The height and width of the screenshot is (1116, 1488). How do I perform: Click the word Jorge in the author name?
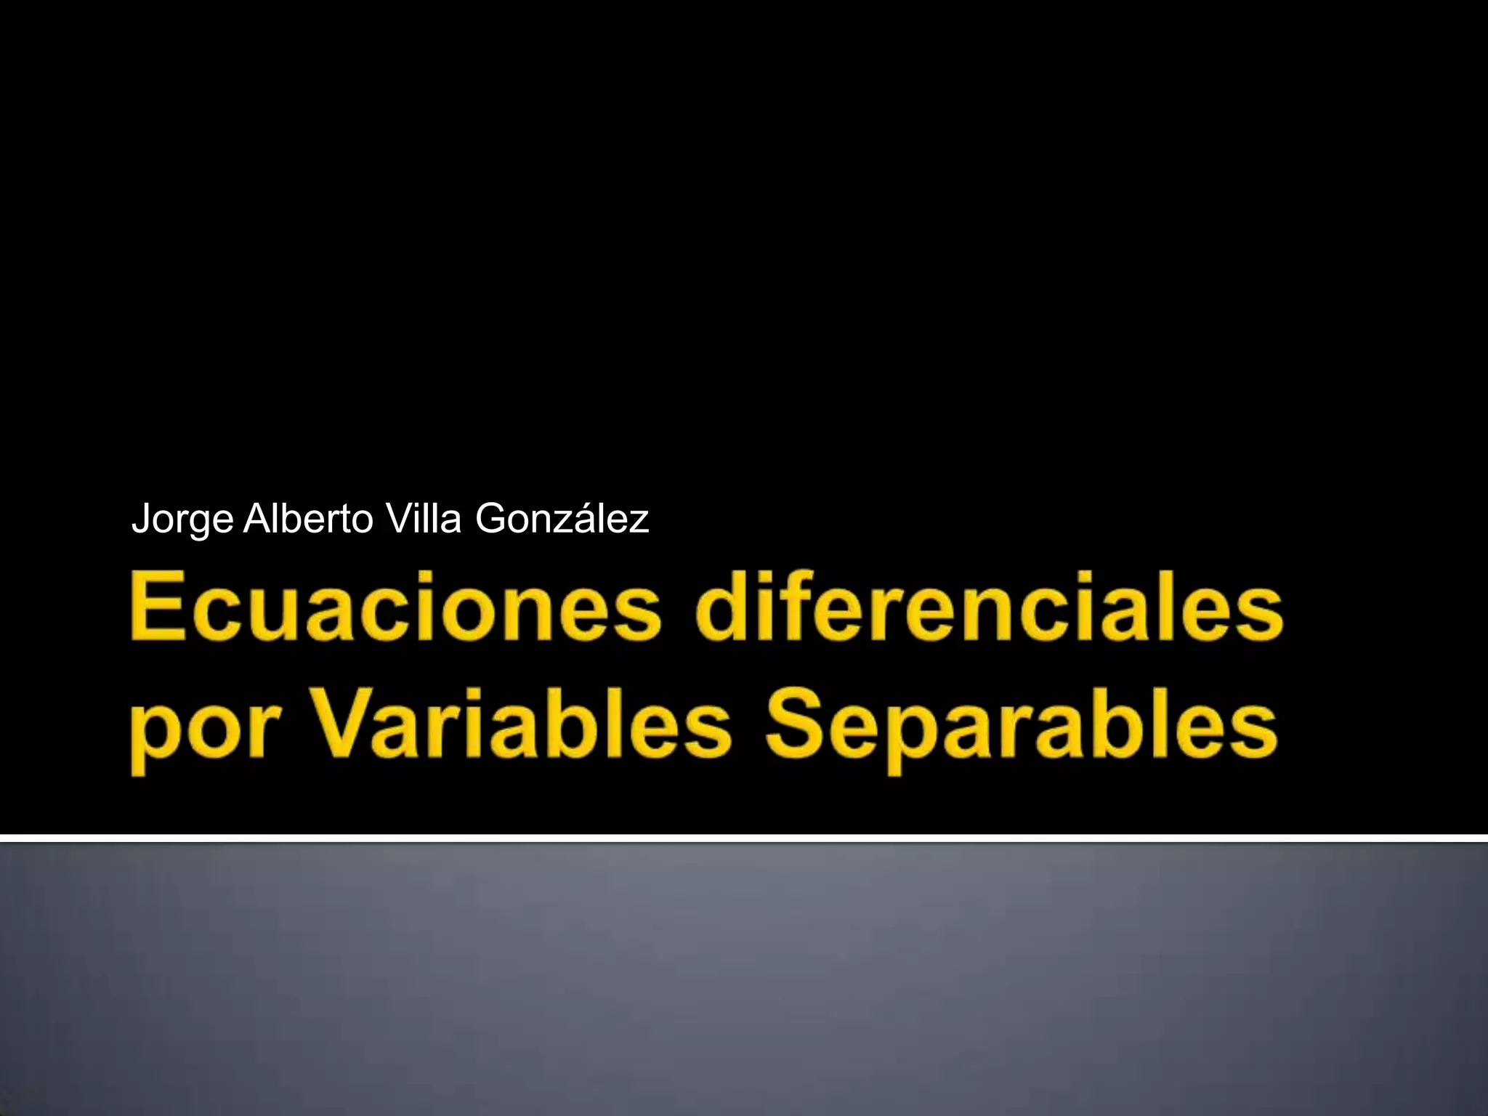pos(182,520)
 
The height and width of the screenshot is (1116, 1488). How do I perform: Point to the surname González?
pos(561,520)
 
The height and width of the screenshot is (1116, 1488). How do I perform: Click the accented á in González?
pos(585,520)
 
